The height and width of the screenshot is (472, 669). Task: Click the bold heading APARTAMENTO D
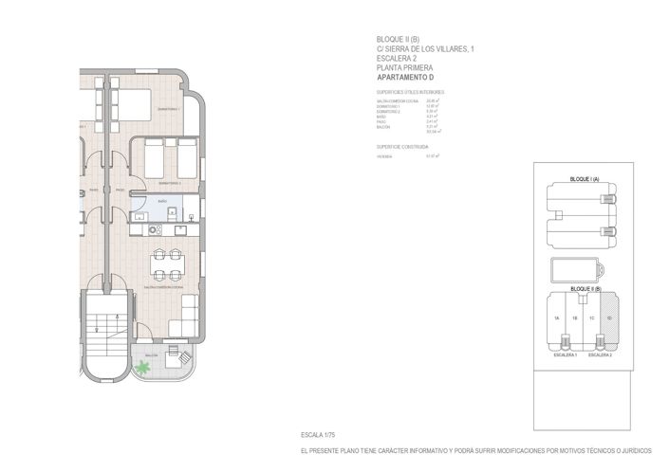pyautogui.click(x=405, y=77)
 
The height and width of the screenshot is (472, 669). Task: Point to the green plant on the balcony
pyautogui.click(x=142, y=367)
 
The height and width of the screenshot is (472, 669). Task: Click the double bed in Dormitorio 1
pyautogui.click(x=133, y=101)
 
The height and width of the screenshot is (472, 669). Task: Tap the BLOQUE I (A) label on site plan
pyautogui.click(x=582, y=179)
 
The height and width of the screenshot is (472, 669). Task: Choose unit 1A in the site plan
pyautogui.click(x=558, y=318)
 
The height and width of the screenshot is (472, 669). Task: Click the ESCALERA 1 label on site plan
pyautogui.click(x=565, y=354)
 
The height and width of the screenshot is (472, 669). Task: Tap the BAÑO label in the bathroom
pyautogui.click(x=162, y=202)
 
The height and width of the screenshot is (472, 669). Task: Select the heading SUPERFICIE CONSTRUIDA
pyautogui.click(x=402, y=147)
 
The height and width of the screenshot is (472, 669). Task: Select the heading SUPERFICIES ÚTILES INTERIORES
pyautogui.click(x=410, y=92)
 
